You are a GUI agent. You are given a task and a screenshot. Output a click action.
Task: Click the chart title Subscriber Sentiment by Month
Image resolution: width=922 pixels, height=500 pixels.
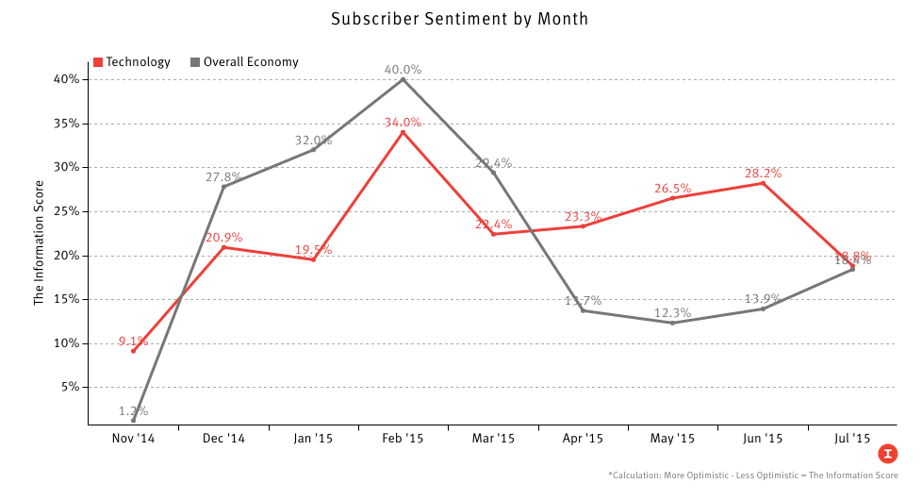click(459, 19)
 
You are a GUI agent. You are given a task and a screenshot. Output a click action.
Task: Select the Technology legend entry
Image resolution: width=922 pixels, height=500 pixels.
click(132, 62)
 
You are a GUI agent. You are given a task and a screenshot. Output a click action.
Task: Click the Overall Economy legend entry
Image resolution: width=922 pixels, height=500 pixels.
click(244, 62)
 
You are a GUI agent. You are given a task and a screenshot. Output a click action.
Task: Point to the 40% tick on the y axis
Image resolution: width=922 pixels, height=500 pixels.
click(65, 79)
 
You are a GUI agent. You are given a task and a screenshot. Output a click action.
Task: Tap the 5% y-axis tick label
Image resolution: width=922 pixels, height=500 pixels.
click(69, 387)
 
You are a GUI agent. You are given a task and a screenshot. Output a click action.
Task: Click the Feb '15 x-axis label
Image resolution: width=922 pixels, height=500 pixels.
click(403, 439)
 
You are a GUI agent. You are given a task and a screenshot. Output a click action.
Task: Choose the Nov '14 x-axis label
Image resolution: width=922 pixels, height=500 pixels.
click(133, 439)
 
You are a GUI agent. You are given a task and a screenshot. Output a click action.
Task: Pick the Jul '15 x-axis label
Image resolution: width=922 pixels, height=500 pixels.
click(852, 439)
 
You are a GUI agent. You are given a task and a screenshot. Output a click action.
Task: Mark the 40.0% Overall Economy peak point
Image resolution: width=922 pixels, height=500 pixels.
click(403, 79)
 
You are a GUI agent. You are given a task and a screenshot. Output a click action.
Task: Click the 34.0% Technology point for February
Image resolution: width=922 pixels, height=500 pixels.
click(403, 132)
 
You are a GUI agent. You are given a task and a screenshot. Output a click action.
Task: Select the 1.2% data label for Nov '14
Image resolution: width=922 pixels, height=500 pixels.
click(133, 410)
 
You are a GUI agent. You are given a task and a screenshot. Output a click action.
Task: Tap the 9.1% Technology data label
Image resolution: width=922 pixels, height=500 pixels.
click(133, 342)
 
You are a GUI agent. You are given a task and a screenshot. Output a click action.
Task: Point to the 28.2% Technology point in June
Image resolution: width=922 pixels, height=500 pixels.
click(763, 183)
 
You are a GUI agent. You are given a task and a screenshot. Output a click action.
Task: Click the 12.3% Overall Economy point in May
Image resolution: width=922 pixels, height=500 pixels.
click(673, 323)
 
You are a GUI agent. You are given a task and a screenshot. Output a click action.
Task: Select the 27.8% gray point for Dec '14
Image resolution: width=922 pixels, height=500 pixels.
click(223, 187)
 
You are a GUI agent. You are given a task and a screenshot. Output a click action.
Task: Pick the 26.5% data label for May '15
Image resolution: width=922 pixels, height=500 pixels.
click(673, 189)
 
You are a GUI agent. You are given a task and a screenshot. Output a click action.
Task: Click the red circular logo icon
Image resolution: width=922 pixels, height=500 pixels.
click(886, 454)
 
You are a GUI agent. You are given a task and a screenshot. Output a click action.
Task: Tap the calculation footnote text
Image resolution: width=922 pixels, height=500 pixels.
click(752, 476)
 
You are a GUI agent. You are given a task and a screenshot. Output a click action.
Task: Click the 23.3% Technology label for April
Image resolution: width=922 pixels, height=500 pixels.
click(583, 216)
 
